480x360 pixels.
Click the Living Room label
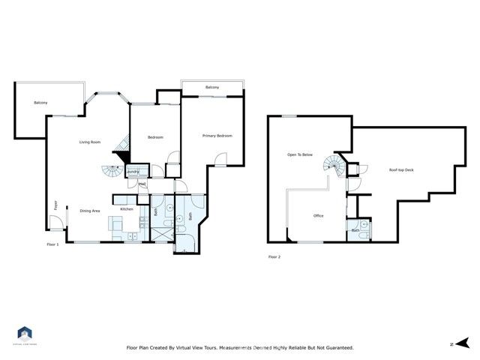[91, 142]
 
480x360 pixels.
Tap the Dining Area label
[90, 211]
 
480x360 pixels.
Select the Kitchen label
[127, 208]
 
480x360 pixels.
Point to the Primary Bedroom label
[217, 136]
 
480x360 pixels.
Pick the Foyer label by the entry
[55, 205]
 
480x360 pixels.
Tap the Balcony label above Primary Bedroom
[212, 88]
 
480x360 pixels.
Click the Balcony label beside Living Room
[40, 103]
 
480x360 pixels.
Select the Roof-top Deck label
[401, 170]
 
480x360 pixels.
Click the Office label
[318, 216]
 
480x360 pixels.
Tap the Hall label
[142, 182]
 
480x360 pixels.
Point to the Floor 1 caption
[52, 244]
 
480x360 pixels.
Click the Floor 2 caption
[274, 256]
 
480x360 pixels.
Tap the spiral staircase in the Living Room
[112, 169]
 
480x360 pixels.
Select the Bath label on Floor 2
[355, 230]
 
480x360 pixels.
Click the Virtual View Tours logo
[25, 334]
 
